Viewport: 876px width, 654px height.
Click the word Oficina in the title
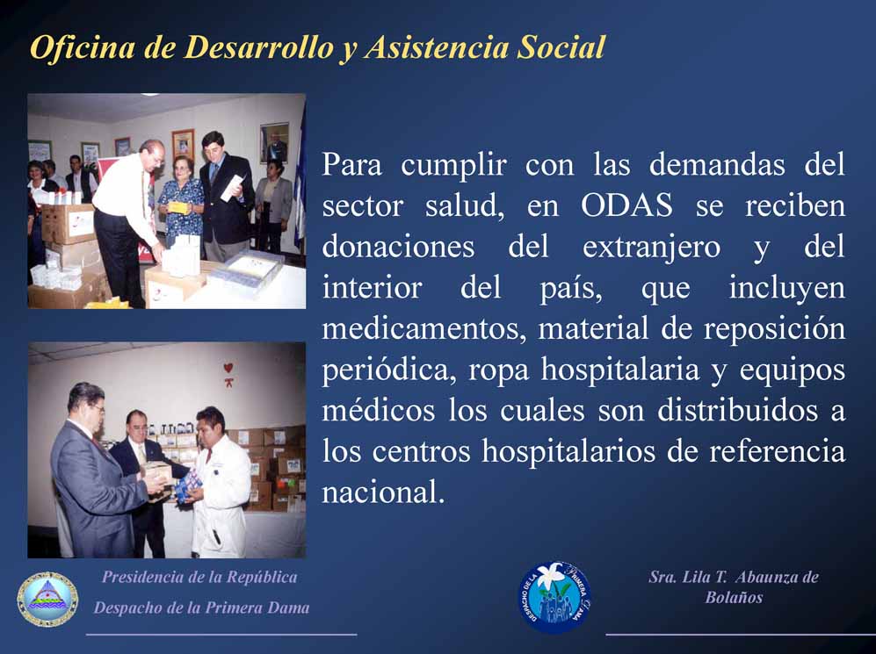coord(82,47)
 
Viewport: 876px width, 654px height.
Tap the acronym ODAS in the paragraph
coord(626,205)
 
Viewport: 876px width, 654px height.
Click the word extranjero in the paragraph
coord(651,247)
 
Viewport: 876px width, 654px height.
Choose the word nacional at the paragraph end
coord(383,492)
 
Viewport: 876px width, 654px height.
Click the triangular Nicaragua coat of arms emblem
coord(47,600)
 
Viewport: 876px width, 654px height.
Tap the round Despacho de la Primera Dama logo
coord(554,597)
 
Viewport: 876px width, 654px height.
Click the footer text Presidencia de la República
coord(199,577)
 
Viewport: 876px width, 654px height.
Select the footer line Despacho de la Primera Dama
coord(201,607)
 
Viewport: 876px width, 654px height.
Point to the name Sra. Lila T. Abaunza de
coord(734,577)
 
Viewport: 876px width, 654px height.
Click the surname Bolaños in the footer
coord(734,598)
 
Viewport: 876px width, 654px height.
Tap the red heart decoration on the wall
coord(228,368)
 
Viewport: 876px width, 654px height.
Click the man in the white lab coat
coord(220,483)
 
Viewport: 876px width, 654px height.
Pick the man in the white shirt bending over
coord(128,223)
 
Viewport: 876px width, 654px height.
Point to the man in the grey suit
coord(96,471)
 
